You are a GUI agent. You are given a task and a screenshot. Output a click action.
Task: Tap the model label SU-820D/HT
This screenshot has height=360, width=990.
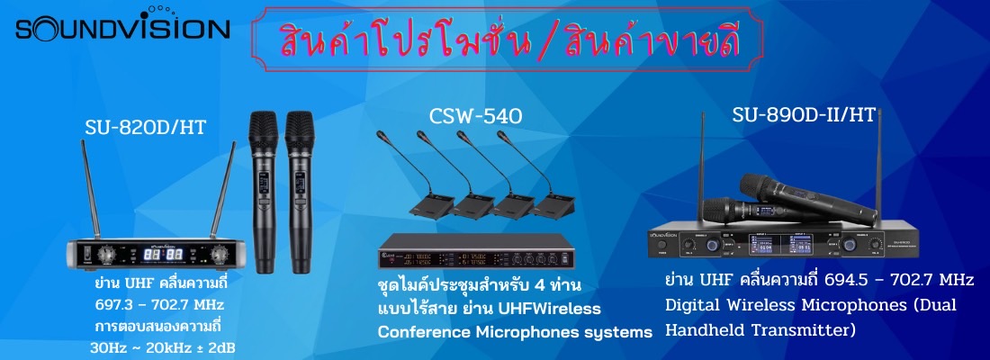coord(146,128)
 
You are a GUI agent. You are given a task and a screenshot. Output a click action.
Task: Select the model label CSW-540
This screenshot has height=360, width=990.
coord(476,118)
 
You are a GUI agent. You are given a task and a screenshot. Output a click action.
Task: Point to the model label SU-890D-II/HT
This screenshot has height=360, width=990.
coord(804,115)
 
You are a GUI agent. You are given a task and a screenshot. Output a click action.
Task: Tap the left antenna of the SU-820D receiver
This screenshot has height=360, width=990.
coord(91,190)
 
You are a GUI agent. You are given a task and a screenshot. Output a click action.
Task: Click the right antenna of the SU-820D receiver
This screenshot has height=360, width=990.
coord(223,190)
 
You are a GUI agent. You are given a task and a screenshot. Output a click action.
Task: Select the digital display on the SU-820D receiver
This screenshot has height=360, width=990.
coord(164,255)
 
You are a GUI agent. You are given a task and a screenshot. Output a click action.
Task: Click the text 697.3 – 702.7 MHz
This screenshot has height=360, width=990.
coord(158,305)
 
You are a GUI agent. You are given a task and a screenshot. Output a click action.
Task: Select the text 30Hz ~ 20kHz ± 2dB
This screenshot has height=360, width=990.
coord(163,347)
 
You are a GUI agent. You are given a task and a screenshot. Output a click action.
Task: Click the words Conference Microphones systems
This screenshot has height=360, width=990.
coord(515,332)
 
